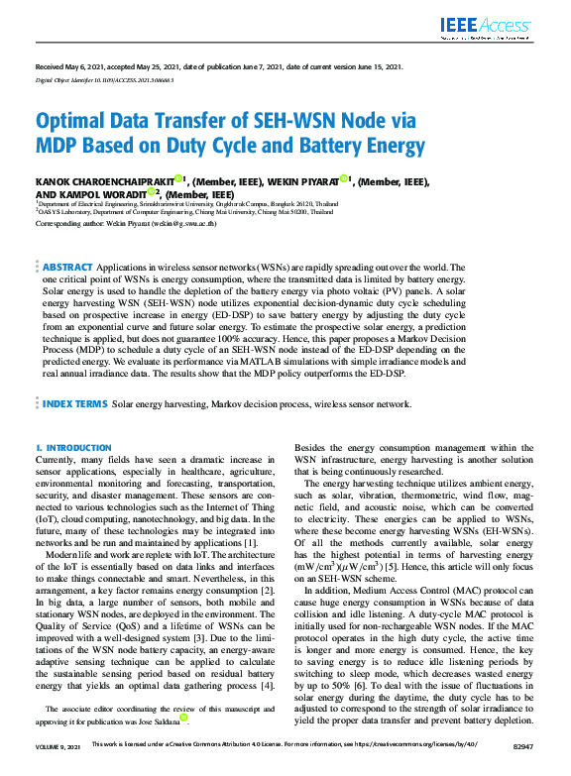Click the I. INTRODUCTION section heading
pos(73,448)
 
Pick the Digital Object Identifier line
pos(104,79)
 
